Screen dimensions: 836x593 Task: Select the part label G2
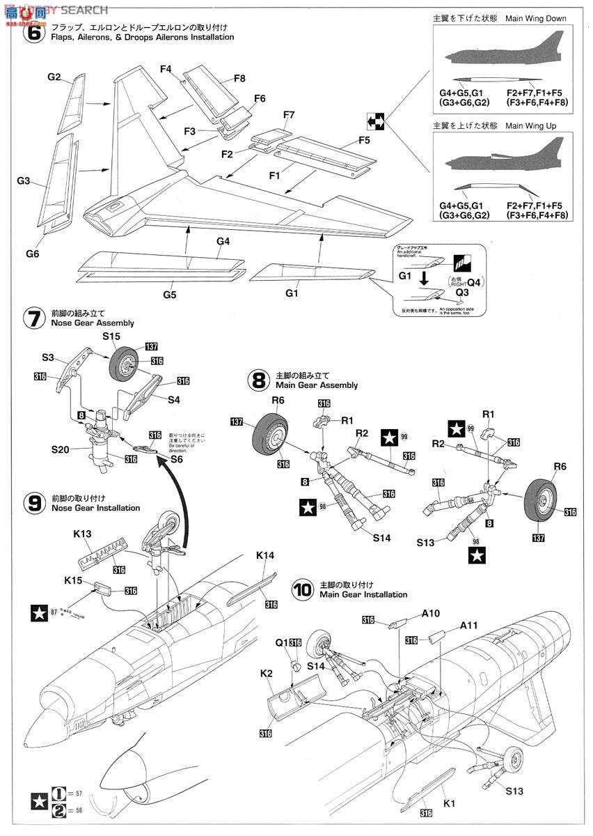tap(55, 77)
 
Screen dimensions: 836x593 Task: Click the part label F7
tap(289, 114)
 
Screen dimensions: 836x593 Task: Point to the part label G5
tap(170, 295)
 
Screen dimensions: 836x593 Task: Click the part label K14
tap(265, 556)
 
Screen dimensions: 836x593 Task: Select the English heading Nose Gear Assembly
tap(93, 323)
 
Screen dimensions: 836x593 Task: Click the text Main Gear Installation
tap(363, 594)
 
